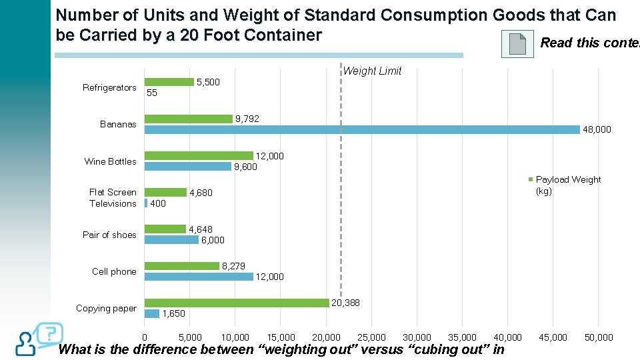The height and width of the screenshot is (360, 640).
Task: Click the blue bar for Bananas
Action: pyautogui.click(x=362, y=130)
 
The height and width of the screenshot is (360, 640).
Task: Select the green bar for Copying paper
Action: pyautogui.click(x=237, y=303)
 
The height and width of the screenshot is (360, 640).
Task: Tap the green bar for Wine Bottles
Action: pyautogui.click(x=199, y=155)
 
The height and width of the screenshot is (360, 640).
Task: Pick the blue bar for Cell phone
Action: pyautogui.click(x=199, y=277)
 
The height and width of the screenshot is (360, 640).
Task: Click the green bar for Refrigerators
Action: pyautogui.click(x=169, y=82)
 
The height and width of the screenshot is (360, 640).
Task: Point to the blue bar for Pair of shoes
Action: pyautogui.click(x=171, y=240)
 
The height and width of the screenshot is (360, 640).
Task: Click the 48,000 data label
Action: pyautogui.click(x=597, y=130)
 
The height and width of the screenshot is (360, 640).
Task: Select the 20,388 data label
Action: pyautogui.click(x=346, y=303)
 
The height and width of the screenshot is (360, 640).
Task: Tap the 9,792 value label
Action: pyautogui.click(x=247, y=119)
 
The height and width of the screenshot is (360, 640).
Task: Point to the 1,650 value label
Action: pyautogui.click(x=174, y=313)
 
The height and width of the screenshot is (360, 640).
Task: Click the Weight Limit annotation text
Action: pyautogui.click(x=372, y=71)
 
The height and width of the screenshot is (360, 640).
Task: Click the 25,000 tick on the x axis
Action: pyautogui.click(x=371, y=337)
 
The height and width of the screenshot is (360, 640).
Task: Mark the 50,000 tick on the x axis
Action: pyautogui.click(x=598, y=337)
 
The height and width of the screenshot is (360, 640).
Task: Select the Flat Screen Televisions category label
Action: pyautogui.click(x=113, y=198)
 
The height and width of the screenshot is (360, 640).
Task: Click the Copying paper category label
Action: pyautogui.click(x=106, y=308)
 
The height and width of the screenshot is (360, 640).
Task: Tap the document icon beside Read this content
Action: pyautogui.click(x=517, y=44)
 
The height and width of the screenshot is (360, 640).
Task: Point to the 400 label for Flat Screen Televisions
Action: pyautogui.click(x=158, y=203)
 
